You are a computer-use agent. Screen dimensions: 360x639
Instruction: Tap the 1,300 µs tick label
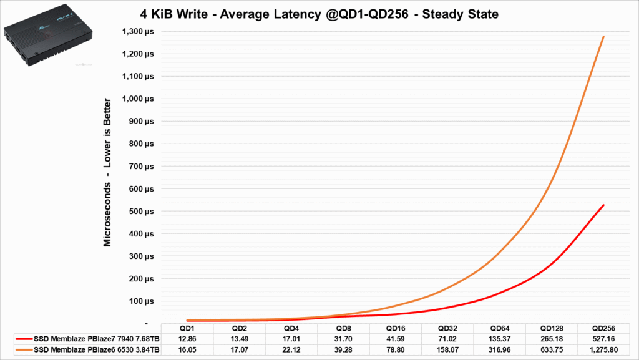(140, 31)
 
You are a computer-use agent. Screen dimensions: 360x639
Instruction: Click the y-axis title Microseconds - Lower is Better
(107, 172)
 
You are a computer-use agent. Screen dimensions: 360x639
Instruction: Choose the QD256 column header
(603, 328)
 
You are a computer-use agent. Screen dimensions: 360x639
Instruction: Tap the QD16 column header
(395, 328)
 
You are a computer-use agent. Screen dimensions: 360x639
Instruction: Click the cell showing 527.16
(603, 339)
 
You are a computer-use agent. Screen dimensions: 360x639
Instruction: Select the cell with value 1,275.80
(603, 349)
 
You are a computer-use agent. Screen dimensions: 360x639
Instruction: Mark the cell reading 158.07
(447, 349)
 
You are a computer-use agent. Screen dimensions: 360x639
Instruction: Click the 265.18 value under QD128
(551, 339)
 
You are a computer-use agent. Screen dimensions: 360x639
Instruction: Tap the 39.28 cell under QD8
(343, 349)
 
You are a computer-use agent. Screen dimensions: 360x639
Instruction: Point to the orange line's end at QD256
(603, 37)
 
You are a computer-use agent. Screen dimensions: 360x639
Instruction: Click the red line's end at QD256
(603, 205)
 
